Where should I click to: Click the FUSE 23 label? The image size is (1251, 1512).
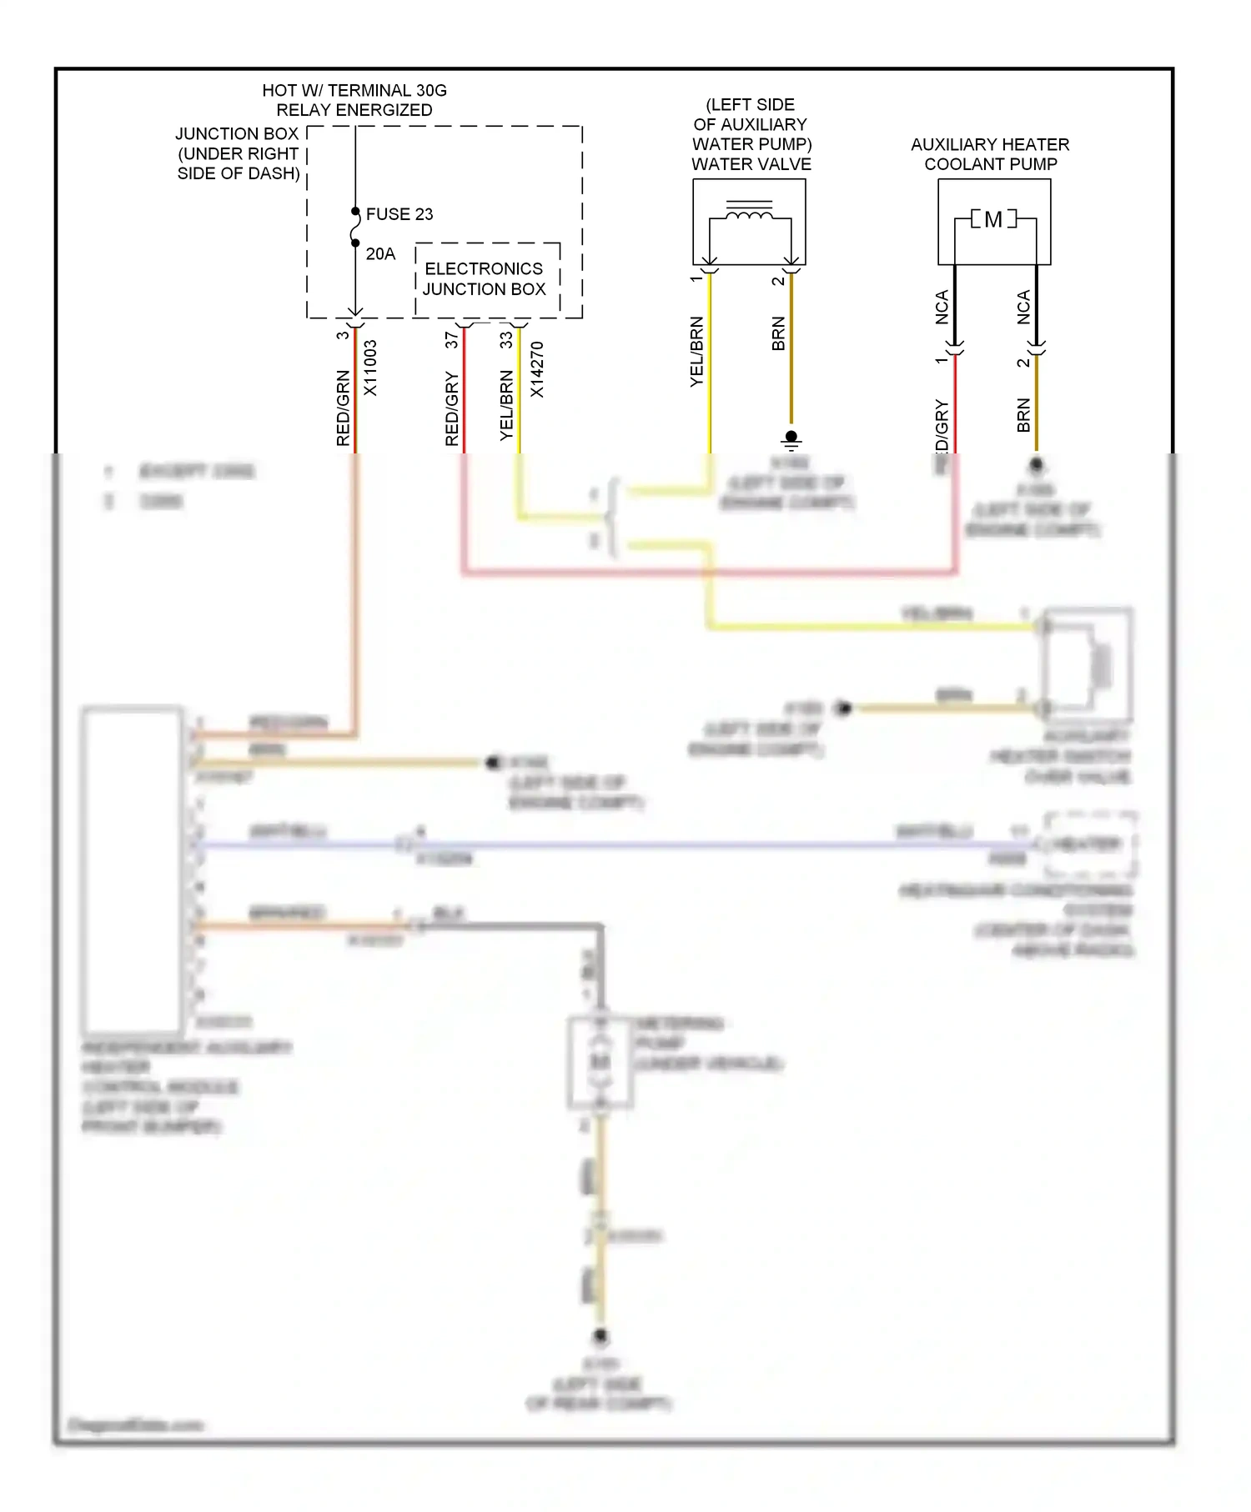[399, 214]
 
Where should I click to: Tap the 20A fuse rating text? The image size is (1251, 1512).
[380, 254]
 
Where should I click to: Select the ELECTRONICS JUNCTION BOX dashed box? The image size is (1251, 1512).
[486, 279]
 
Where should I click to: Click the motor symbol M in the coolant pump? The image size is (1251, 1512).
[993, 220]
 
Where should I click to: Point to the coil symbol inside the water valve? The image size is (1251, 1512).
[749, 216]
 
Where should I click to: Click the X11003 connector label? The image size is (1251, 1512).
[370, 368]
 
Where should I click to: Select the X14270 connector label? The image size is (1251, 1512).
[537, 369]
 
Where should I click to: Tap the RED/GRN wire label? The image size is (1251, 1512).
[343, 408]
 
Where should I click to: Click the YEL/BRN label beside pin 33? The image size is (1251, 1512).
[506, 405]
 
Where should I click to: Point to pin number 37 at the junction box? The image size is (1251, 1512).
[451, 340]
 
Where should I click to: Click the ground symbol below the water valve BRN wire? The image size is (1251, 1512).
[791, 439]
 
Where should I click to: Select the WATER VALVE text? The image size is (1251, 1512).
[751, 164]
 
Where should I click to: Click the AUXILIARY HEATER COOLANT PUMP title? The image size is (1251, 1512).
[990, 154]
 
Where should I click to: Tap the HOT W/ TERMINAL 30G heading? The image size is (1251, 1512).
[354, 90]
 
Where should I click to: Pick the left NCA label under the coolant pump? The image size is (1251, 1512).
[942, 307]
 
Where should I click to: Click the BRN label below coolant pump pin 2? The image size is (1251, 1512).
[1023, 415]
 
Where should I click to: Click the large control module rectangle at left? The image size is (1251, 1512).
[133, 871]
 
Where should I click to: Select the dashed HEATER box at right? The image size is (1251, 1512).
[1089, 844]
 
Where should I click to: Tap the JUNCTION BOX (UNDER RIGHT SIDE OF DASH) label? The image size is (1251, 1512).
[238, 153]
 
